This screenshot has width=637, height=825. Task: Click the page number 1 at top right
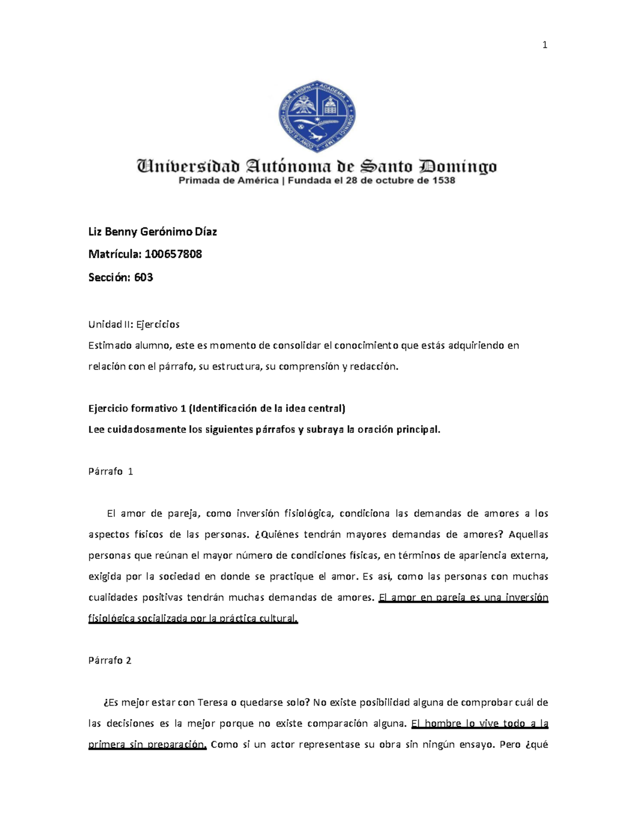(545, 45)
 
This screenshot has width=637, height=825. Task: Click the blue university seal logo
(317, 116)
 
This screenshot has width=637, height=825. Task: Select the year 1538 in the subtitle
(443, 181)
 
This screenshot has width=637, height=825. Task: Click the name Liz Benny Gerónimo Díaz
(152, 232)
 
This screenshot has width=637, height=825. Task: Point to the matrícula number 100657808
(173, 254)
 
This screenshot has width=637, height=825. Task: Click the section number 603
(143, 277)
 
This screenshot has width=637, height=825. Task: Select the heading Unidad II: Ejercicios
(134, 324)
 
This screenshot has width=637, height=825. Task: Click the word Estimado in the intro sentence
(110, 345)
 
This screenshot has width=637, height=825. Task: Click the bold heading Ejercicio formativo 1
(137, 409)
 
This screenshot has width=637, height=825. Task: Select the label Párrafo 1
(110, 471)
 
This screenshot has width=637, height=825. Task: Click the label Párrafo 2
(109, 660)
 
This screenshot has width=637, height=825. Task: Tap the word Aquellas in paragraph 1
(528, 534)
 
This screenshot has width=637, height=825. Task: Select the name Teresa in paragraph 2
(213, 702)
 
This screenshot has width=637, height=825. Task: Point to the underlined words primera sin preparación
(147, 744)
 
